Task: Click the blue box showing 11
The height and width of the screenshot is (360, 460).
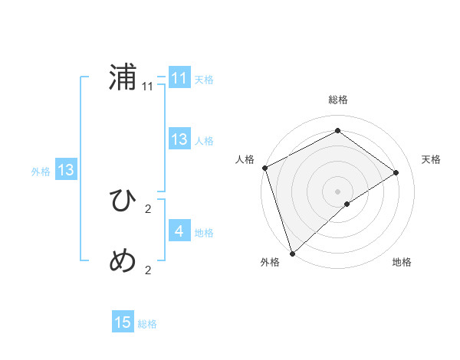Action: tap(179, 78)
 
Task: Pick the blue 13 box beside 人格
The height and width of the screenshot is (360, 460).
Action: tap(179, 139)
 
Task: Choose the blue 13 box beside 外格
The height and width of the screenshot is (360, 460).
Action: tap(65, 170)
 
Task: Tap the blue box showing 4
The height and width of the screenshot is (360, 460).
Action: tap(179, 231)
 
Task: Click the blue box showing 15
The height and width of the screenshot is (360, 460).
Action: tap(123, 322)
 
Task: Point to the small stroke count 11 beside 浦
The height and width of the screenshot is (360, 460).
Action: tap(148, 87)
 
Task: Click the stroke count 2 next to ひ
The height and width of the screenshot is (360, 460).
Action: tap(148, 208)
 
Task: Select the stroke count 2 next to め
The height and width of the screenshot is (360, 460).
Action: tap(148, 270)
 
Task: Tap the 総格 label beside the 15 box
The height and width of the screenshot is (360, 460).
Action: tap(147, 324)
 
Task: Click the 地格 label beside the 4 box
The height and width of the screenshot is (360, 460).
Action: tap(204, 233)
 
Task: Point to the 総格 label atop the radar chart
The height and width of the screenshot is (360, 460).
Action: tap(337, 100)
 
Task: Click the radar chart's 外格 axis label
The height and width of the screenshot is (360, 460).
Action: tap(270, 263)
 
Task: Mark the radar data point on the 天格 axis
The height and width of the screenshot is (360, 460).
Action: tap(396, 172)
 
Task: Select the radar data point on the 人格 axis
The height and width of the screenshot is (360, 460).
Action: tap(264, 168)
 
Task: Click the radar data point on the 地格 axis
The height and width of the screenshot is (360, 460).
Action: tap(347, 204)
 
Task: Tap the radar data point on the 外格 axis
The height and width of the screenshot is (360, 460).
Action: tap(292, 252)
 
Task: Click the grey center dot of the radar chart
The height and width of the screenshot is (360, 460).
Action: tap(337, 190)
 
